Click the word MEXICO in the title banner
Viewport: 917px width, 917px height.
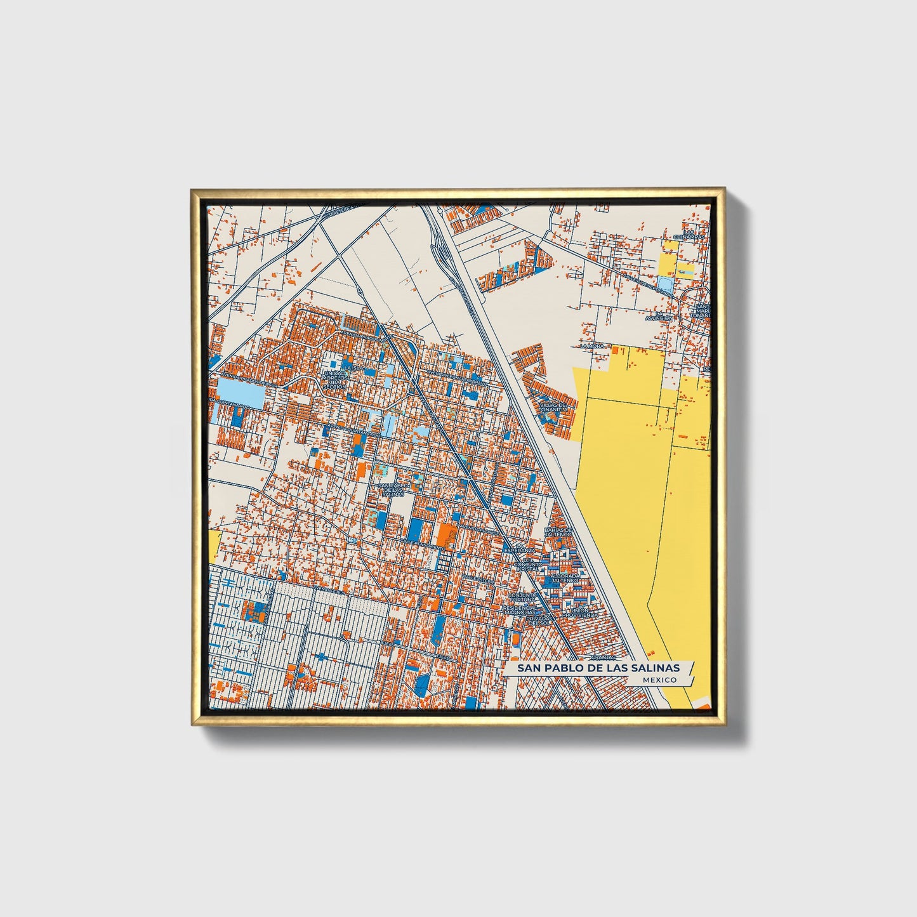659,680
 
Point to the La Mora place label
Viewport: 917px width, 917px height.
593,346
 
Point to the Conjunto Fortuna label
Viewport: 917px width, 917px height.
522,597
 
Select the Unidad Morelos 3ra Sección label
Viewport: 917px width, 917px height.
334,379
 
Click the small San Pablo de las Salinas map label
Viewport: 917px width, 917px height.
392,490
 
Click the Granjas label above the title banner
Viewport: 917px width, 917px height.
604,658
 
